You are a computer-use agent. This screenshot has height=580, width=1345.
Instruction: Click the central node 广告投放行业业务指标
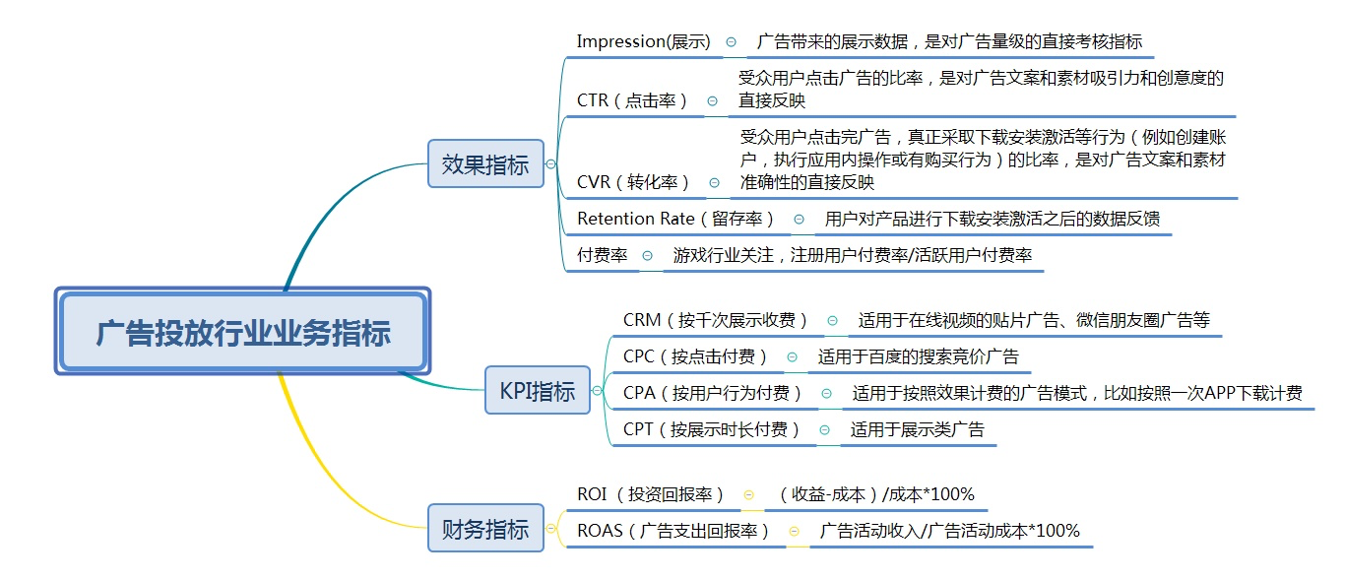click(242, 332)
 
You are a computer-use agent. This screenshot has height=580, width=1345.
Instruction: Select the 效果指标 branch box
click(485, 164)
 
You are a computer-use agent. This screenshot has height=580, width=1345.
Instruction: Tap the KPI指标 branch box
click(538, 391)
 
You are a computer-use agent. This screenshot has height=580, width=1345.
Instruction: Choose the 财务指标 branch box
click(485, 528)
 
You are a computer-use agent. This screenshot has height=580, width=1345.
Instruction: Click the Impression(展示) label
click(643, 41)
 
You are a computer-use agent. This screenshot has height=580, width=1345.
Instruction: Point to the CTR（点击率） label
click(632, 100)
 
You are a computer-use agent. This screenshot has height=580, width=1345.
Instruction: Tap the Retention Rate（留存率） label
click(676, 219)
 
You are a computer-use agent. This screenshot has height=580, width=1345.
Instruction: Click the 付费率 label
click(602, 255)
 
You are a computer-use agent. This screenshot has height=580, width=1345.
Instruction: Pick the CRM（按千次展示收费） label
click(716, 320)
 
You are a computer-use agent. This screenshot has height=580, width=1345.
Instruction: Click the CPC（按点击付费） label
click(695, 356)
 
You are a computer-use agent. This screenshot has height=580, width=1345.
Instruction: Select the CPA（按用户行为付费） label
click(713, 393)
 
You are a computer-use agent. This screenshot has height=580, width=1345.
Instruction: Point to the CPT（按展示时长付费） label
click(712, 429)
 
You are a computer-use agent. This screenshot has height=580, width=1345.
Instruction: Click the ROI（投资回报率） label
click(651, 494)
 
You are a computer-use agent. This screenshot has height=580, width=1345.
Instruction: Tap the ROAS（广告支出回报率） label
click(673, 531)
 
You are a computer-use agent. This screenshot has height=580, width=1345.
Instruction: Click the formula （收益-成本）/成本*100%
click(875, 494)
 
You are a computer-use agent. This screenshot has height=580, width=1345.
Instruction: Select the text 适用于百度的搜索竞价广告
click(918, 356)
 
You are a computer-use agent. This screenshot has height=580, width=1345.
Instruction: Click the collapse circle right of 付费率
click(647, 255)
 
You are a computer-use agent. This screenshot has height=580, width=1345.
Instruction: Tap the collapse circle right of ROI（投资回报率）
click(748, 494)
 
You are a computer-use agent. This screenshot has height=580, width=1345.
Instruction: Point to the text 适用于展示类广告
click(917, 429)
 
